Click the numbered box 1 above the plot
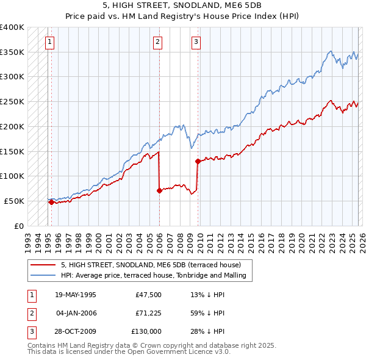point(49,42)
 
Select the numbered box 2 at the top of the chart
point(157,42)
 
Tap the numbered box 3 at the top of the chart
point(196,42)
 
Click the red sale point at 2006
point(159,190)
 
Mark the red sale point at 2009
point(198,161)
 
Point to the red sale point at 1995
point(51,202)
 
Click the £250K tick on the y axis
point(12,101)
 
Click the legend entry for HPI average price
point(153,276)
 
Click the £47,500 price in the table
point(148,295)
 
